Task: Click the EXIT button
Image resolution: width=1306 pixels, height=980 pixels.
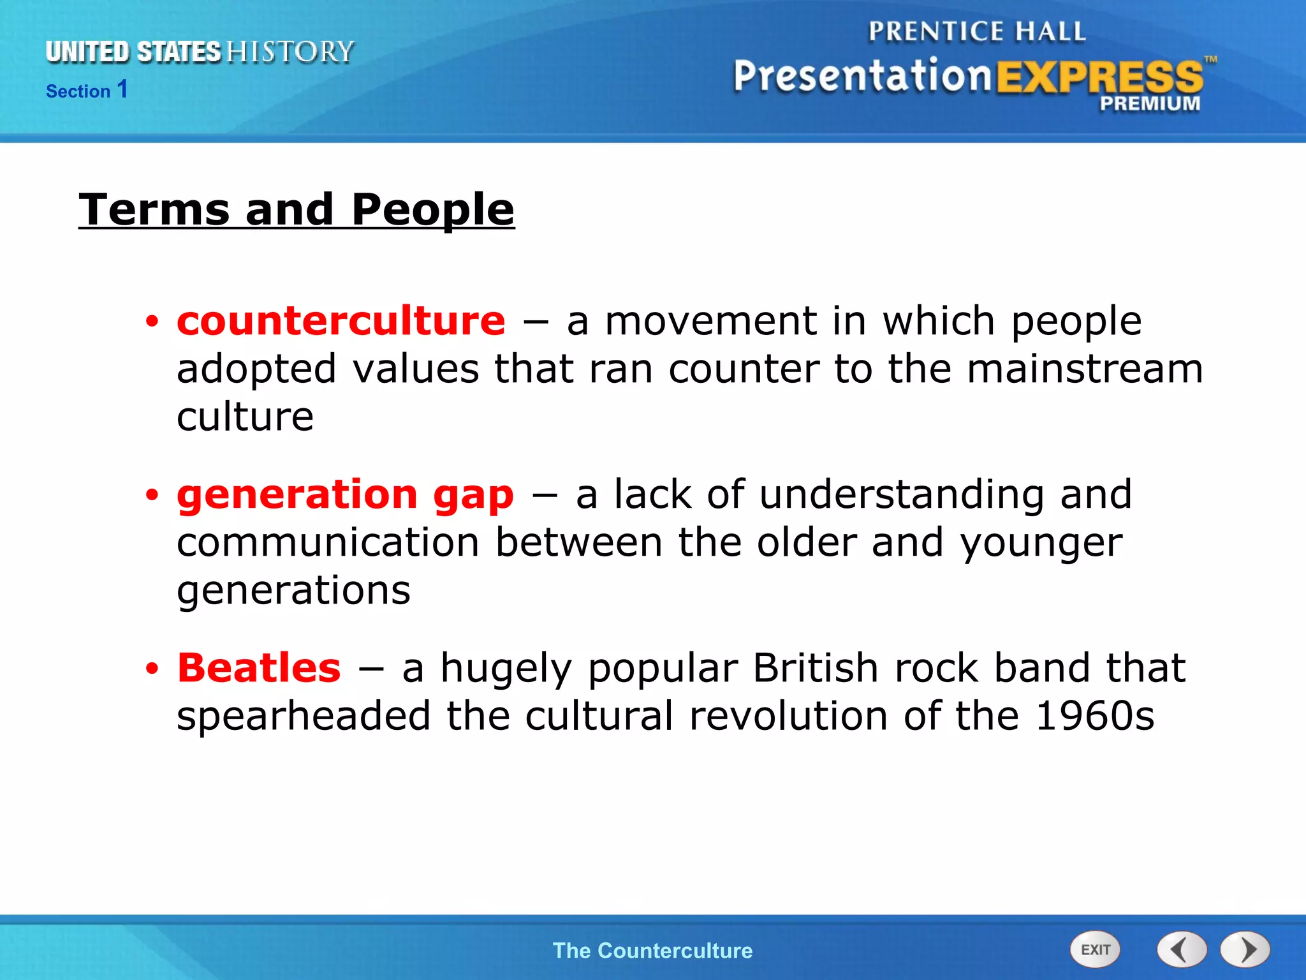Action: (1095, 950)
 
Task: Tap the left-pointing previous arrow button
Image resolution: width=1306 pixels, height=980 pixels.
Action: (1182, 950)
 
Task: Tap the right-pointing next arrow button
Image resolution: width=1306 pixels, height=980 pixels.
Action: (1245, 950)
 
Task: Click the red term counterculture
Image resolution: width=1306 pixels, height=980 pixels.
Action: (341, 320)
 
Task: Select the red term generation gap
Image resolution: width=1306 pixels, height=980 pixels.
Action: (345, 494)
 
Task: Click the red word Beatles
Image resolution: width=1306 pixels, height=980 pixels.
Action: (259, 668)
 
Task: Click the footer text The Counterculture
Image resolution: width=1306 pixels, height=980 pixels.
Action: (652, 951)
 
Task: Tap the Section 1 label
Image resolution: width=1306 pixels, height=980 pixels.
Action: (87, 90)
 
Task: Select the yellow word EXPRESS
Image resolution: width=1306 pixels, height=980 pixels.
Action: (1099, 77)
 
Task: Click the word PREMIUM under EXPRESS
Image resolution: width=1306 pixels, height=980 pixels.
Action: (1150, 103)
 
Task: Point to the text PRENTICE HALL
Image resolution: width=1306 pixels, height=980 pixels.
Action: (977, 32)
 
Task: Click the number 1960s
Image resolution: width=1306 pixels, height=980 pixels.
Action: (1094, 716)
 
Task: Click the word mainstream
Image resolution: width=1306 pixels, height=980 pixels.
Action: (1085, 369)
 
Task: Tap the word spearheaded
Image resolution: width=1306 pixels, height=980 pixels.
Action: (304, 716)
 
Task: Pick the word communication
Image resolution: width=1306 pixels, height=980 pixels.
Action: (328, 543)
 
